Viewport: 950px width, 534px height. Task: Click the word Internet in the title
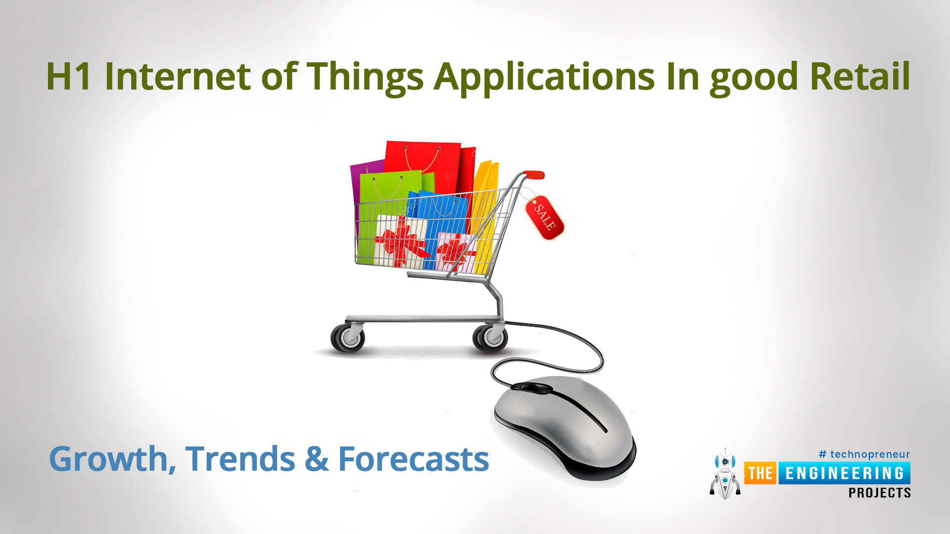coord(178,77)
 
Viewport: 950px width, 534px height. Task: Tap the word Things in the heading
coord(365,78)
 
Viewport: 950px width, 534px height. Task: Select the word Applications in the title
coord(544,78)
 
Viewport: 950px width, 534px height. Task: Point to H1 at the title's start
coord(69,76)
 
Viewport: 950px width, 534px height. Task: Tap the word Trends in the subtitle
coord(240,459)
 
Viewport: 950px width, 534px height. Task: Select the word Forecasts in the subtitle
coord(414,459)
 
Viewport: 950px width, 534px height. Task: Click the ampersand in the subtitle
coord(317,459)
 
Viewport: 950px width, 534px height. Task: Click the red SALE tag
coord(544,218)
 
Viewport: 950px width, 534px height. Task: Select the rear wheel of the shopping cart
coord(348,338)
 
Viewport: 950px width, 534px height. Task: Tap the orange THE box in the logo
coord(760,473)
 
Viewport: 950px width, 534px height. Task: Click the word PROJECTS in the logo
coord(880,493)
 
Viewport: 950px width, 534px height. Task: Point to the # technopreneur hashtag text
coord(864,454)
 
